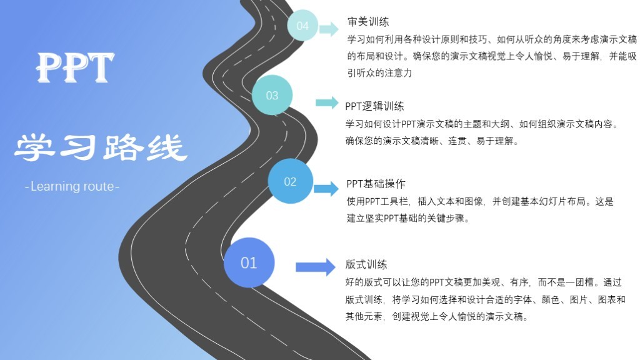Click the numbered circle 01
click(x=249, y=262)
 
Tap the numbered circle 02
click(x=290, y=182)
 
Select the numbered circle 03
click(x=272, y=96)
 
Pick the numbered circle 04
click(x=302, y=26)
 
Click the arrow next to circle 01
click(x=316, y=267)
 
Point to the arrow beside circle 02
click(x=326, y=189)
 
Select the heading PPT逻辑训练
click(x=374, y=106)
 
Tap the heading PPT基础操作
click(x=376, y=184)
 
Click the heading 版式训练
click(x=366, y=264)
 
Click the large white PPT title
click(x=76, y=67)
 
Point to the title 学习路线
click(x=101, y=147)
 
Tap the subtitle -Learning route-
click(x=72, y=186)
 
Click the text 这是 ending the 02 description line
click(x=605, y=202)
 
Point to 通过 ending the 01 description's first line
click(x=612, y=282)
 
